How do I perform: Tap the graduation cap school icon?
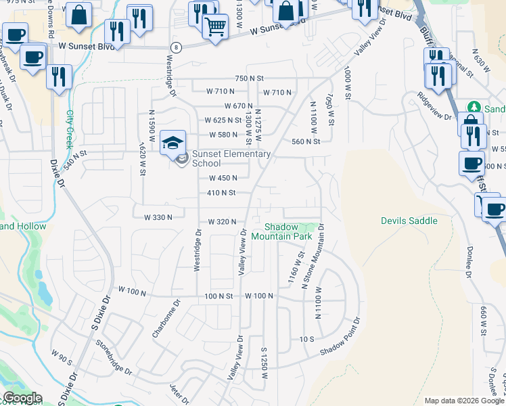[172, 143]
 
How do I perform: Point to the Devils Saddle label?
[409, 221]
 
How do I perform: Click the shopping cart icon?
[215, 27]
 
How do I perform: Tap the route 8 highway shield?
[176, 47]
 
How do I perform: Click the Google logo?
[22, 398]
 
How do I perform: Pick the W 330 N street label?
[159, 217]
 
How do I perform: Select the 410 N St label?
[221, 193]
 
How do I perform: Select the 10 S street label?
[308, 338]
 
